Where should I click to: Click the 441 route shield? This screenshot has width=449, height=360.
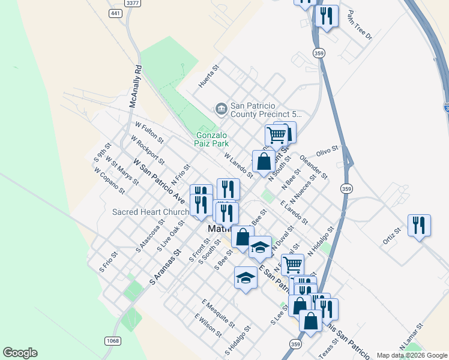click(x=116, y=13)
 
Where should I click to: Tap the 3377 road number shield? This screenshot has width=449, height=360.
click(x=133, y=3)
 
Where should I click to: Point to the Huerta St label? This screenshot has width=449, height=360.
click(x=209, y=77)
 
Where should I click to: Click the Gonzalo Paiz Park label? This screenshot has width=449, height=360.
click(x=212, y=139)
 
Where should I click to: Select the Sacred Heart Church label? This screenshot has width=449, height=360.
click(x=151, y=212)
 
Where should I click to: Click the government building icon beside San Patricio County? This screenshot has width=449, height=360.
click(x=221, y=109)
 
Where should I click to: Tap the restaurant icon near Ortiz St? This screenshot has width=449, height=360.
click(x=419, y=226)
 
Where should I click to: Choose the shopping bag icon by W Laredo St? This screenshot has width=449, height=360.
click(x=264, y=161)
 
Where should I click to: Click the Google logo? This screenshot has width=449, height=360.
click(x=20, y=353)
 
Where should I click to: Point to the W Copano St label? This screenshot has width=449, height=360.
click(x=109, y=181)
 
